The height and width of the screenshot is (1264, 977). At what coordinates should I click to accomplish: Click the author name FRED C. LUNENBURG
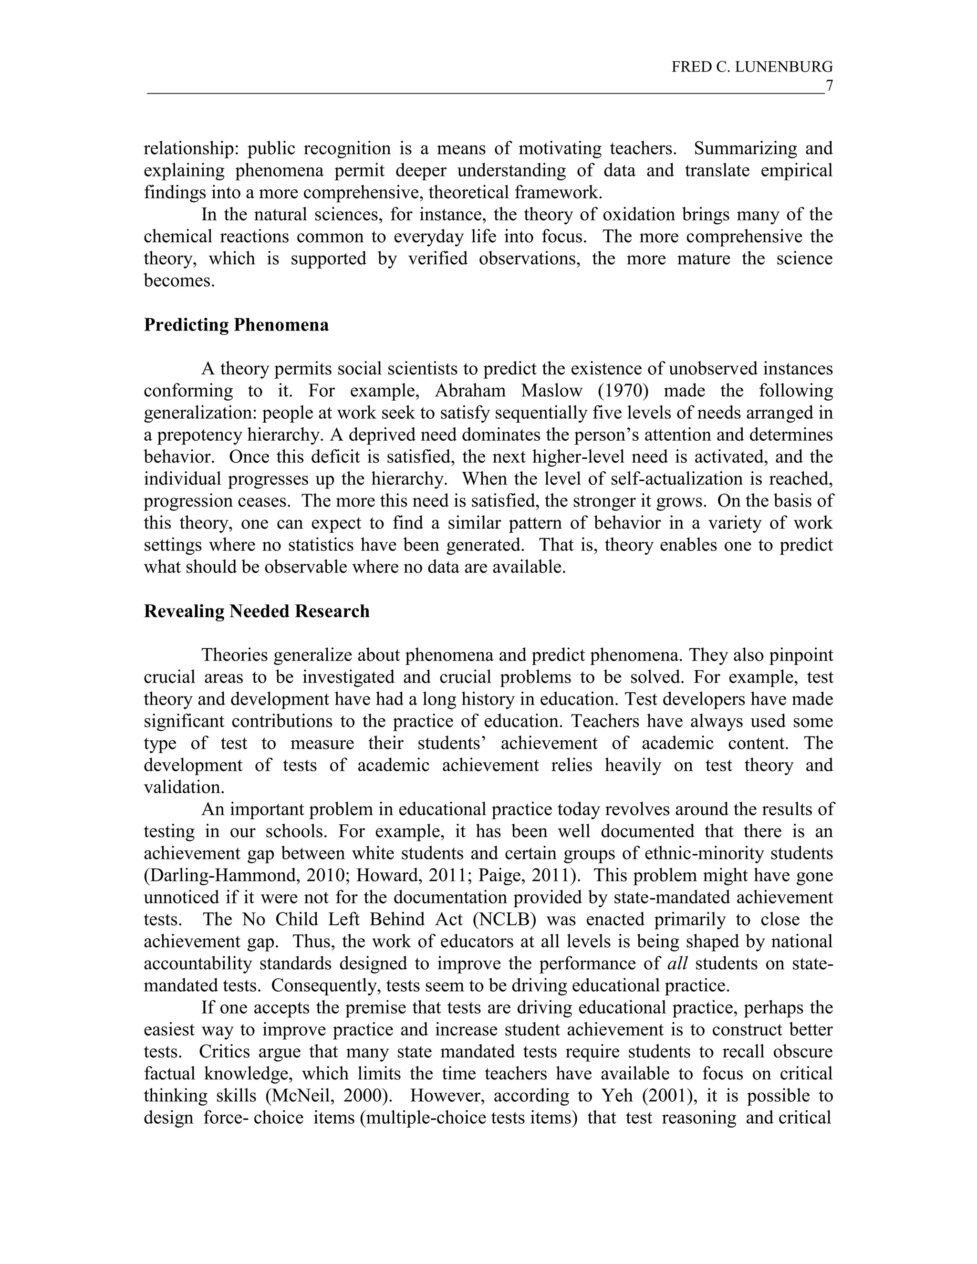[751, 68]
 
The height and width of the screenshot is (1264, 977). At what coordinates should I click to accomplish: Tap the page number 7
[828, 86]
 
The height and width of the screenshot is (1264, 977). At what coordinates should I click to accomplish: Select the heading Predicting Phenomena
[236, 325]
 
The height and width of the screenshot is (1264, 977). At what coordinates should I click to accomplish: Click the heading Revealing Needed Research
[256, 612]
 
